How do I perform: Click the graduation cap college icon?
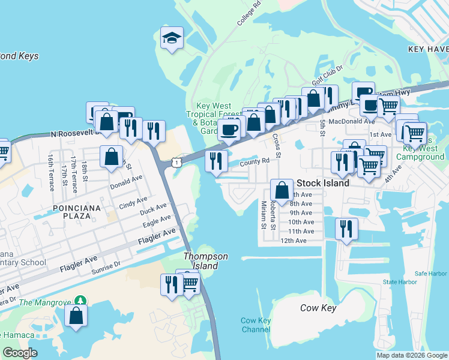(172, 38)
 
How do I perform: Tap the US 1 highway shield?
(175, 161)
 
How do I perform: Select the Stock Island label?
(322, 184)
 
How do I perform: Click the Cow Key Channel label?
(256, 325)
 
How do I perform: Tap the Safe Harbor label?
(430, 274)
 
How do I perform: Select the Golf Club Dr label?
(327, 76)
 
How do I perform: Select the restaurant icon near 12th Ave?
(346, 228)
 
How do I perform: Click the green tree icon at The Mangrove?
(79, 299)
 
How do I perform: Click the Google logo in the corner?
(20, 353)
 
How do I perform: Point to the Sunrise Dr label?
(106, 266)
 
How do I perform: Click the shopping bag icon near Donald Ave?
(111, 157)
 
